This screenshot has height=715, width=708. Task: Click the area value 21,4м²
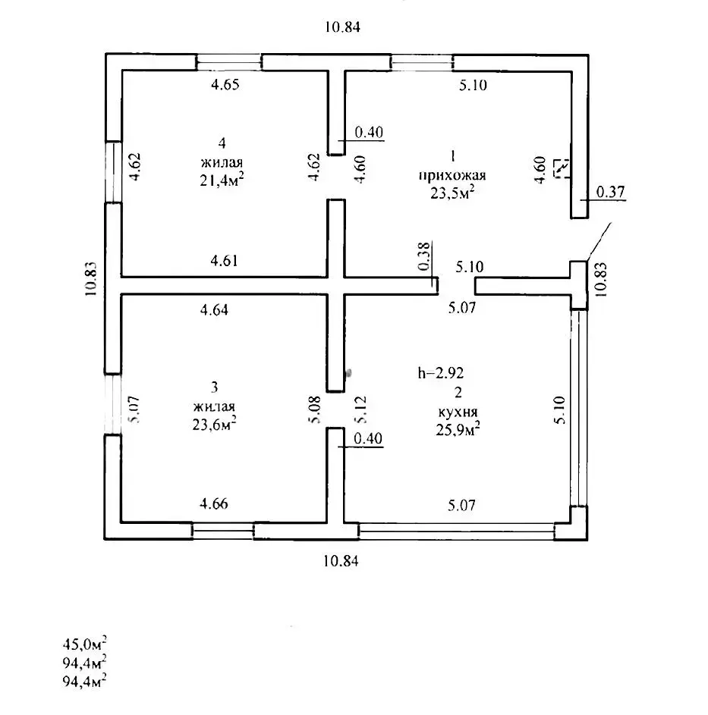coord(222,179)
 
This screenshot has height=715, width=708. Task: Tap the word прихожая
coord(452,174)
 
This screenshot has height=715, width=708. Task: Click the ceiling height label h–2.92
coord(441,373)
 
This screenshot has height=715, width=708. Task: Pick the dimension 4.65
coord(225,85)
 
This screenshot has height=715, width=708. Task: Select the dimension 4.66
coord(214,503)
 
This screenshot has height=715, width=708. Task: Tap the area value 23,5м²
coord(452,193)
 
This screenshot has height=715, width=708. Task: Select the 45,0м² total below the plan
coord(84,644)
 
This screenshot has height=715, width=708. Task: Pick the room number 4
coord(222,143)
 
